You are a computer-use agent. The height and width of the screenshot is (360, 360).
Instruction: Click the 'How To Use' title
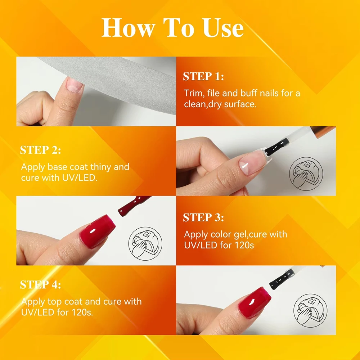172,28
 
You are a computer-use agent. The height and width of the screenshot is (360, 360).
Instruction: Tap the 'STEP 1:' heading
203,76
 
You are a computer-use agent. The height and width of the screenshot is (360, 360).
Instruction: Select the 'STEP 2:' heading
40,150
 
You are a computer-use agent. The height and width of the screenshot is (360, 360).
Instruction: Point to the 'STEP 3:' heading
203,217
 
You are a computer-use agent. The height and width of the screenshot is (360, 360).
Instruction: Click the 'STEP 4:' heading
40,285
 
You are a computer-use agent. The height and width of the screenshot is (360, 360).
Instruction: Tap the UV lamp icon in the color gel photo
145,243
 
